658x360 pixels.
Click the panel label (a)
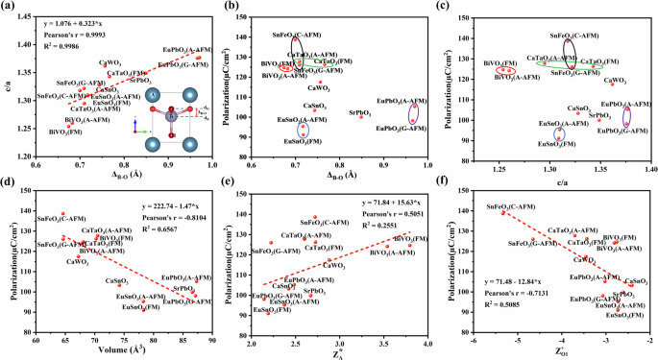coord(9,7)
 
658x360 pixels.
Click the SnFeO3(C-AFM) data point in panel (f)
coord(503,212)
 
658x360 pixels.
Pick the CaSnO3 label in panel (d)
coord(117,280)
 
